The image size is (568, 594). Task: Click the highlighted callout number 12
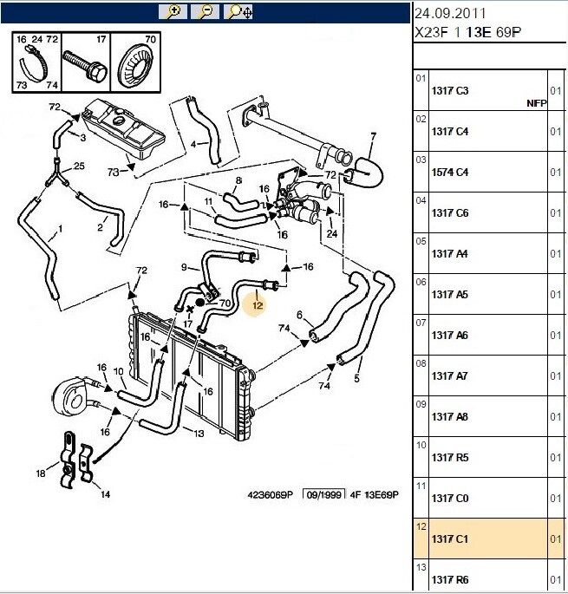(x=257, y=305)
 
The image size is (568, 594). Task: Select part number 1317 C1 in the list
(x=449, y=539)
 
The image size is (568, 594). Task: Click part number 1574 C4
(x=449, y=173)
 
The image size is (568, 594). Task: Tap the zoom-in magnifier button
(x=171, y=11)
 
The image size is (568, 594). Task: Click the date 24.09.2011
(x=450, y=13)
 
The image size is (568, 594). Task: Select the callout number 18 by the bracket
(x=40, y=473)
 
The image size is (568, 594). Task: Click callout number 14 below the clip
(x=105, y=495)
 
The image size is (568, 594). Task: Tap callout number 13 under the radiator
(x=199, y=434)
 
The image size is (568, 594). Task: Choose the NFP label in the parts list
(x=537, y=102)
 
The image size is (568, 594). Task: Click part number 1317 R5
(x=449, y=458)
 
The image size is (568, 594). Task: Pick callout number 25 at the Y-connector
(x=79, y=166)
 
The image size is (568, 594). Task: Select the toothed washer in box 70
(x=139, y=68)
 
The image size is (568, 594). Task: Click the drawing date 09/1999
(x=321, y=494)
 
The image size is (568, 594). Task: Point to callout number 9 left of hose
(x=184, y=266)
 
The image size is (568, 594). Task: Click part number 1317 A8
(x=449, y=417)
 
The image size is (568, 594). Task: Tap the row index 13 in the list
(x=421, y=568)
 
